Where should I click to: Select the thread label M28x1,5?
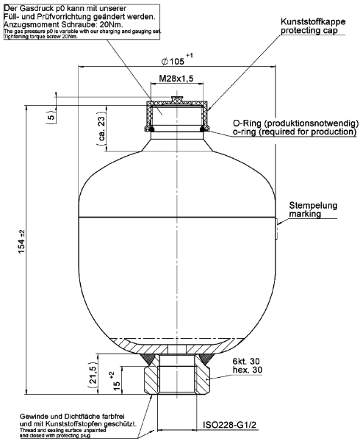click(176, 79)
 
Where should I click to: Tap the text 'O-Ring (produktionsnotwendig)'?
click(295, 123)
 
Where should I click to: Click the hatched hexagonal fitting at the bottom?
click(177, 376)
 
